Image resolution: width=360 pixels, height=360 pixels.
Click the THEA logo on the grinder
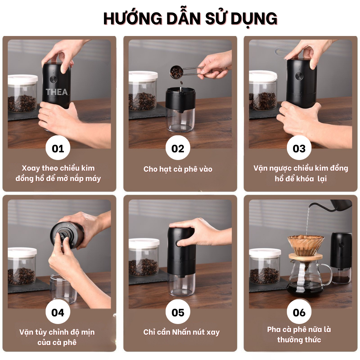[x=56, y=92]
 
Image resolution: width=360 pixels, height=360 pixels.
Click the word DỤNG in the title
[x=254, y=19]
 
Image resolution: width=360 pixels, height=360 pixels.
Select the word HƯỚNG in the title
[x=133, y=18]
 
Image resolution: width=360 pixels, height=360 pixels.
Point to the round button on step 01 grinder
[x=53, y=80]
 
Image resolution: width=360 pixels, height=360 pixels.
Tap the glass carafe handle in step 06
[x=328, y=274]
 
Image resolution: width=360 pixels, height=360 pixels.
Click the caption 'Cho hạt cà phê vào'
[x=178, y=169]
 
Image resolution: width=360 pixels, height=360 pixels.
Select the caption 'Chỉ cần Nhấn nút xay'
[x=181, y=332]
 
